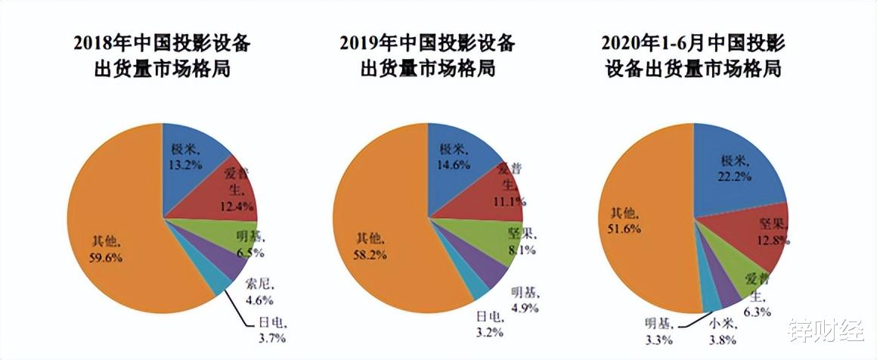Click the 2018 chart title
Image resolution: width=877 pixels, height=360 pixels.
click(161, 57)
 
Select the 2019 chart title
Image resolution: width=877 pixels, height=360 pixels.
click(427, 57)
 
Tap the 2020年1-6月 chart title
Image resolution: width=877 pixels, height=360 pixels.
click(693, 57)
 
